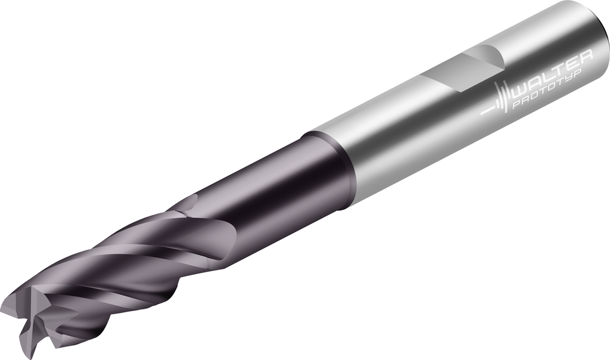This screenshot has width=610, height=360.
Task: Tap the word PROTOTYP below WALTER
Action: coord(547,89)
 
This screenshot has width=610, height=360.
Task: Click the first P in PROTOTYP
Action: coord(516,104)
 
